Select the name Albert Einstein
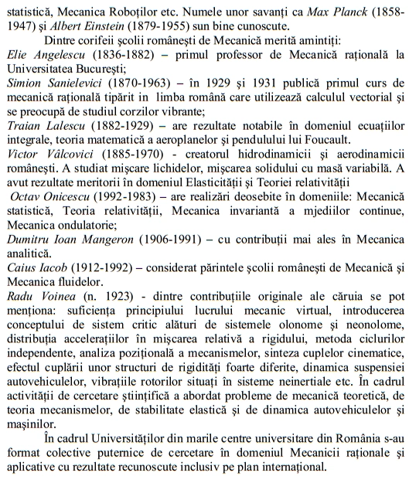(81, 24)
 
